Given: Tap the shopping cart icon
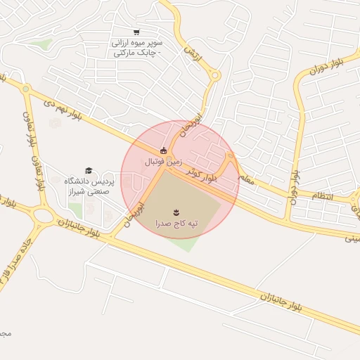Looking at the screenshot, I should click(x=136, y=32).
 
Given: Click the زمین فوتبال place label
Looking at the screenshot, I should click(x=163, y=162).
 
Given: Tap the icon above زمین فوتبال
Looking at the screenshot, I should click(x=163, y=150).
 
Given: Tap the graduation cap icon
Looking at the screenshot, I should click(x=89, y=170).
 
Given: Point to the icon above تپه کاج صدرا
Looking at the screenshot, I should click(x=176, y=211).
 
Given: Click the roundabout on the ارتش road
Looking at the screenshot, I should click(x=215, y=75).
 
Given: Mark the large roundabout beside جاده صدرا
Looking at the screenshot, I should click(x=43, y=217).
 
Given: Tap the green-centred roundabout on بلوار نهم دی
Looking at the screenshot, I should click(x=26, y=89).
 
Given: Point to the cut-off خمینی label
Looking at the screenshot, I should click(x=351, y=238).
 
